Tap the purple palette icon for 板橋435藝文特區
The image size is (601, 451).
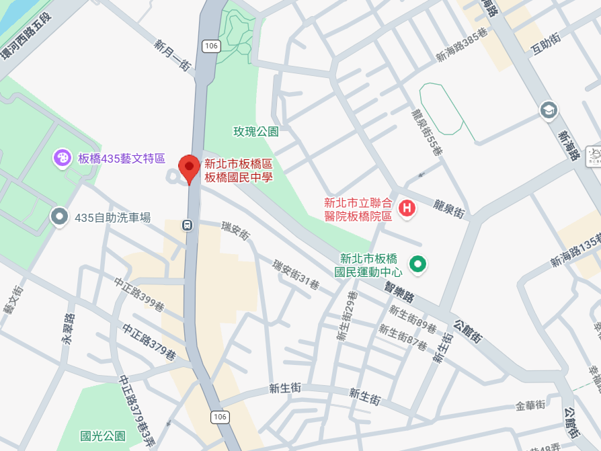[62, 158]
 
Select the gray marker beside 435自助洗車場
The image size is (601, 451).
[60, 216]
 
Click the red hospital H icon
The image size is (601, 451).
[407, 208]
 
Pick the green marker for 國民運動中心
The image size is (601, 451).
[419, 264]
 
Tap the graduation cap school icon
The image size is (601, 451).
[549, 110]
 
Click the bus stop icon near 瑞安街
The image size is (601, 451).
[188, 225]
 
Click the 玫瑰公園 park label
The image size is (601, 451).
[255, 132]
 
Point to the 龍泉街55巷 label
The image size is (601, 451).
[427, 132]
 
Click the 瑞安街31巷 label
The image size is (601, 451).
[295, 274]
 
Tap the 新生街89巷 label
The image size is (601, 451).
[412, 319]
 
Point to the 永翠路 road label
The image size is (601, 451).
[67, 329]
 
